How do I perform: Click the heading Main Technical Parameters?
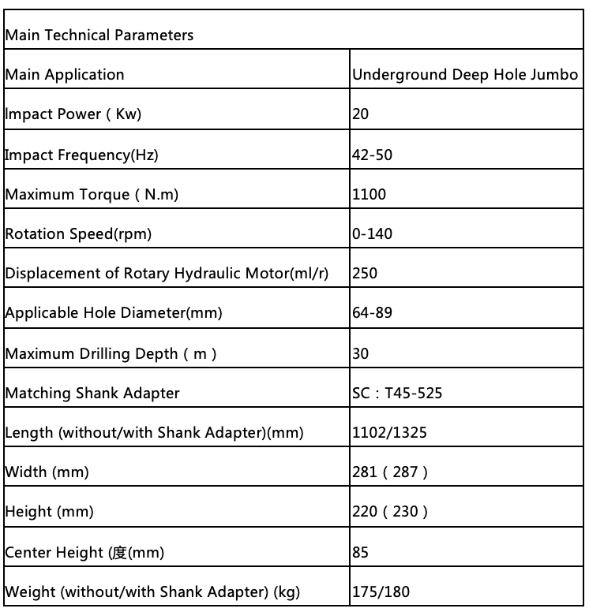tap(99, 35)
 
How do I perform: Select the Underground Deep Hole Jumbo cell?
tap(464, 75)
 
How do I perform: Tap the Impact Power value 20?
tap(361, 114)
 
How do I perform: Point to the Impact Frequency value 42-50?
tap(372, 155)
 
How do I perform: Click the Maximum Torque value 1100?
tap(369, 194)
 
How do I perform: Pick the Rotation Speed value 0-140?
tap(372, 233)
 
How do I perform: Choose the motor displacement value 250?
tap(365, 273)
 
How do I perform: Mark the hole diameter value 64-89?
tap(372, 313)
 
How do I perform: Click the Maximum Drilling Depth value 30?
tap(361, 353)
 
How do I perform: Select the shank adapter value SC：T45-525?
tap(396, 393)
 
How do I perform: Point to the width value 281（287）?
tap(390, 472)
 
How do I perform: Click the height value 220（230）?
tap(390, 512)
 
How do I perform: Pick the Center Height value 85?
tap(361, 552)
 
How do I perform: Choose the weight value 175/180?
tap(381, 591)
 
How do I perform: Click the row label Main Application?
tap(65, 75)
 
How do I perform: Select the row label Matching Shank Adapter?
tap(92, 393)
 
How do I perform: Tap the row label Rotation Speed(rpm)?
tap(78, 233)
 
